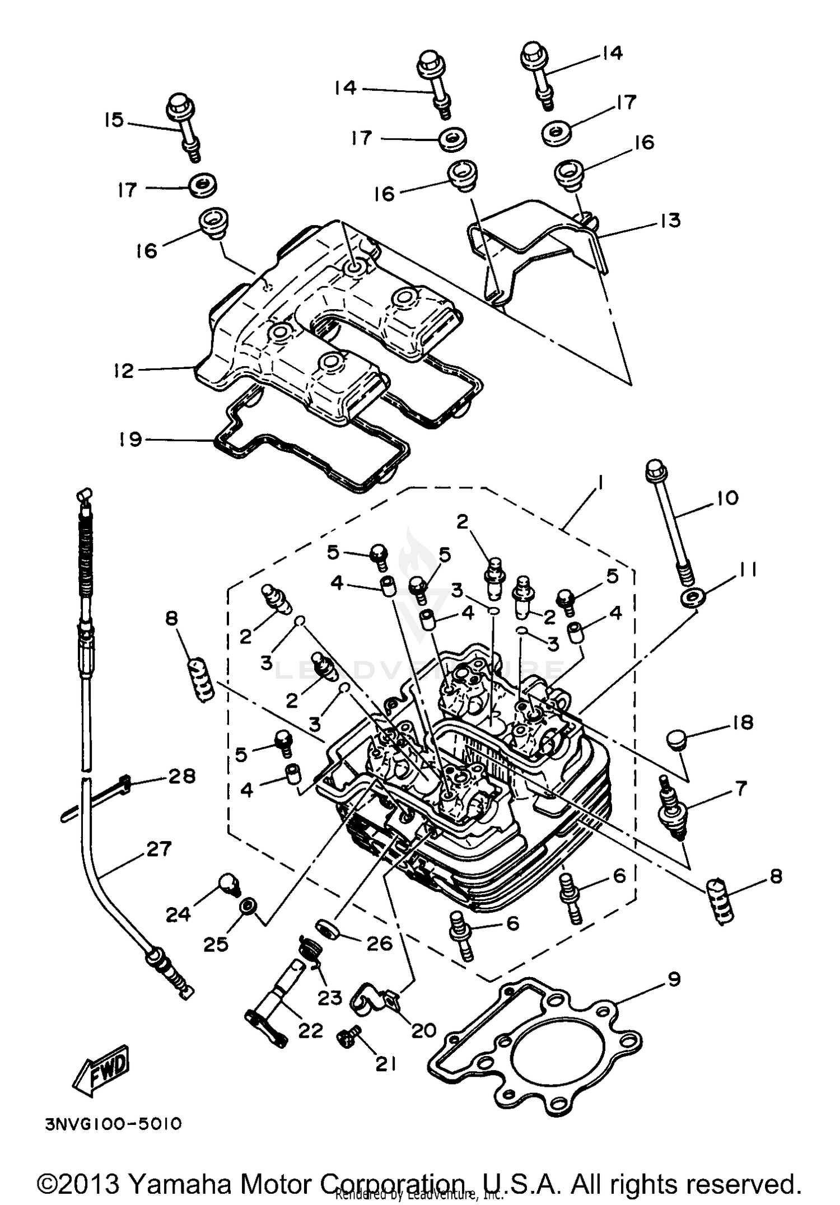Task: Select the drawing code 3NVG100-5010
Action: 114,1124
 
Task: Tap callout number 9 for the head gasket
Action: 674,979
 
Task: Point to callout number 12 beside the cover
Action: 124,371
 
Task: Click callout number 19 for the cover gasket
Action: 130,439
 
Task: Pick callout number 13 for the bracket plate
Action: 670,221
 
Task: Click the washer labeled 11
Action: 693,597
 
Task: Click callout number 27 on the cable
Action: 158,849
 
